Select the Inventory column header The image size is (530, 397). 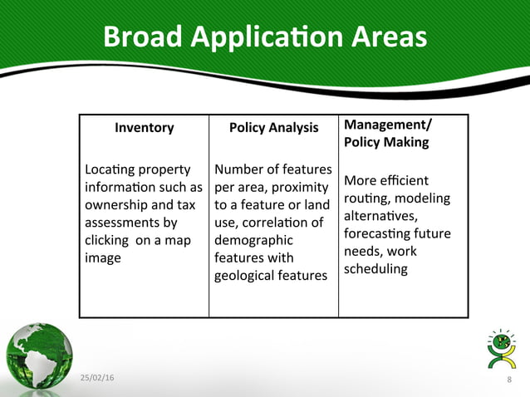144,127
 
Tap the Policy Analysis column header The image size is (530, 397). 273,127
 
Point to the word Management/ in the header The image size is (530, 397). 388,125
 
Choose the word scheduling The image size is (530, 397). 375,269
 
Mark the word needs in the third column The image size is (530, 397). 361,251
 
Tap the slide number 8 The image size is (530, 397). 508,380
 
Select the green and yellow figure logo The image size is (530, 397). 500,350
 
